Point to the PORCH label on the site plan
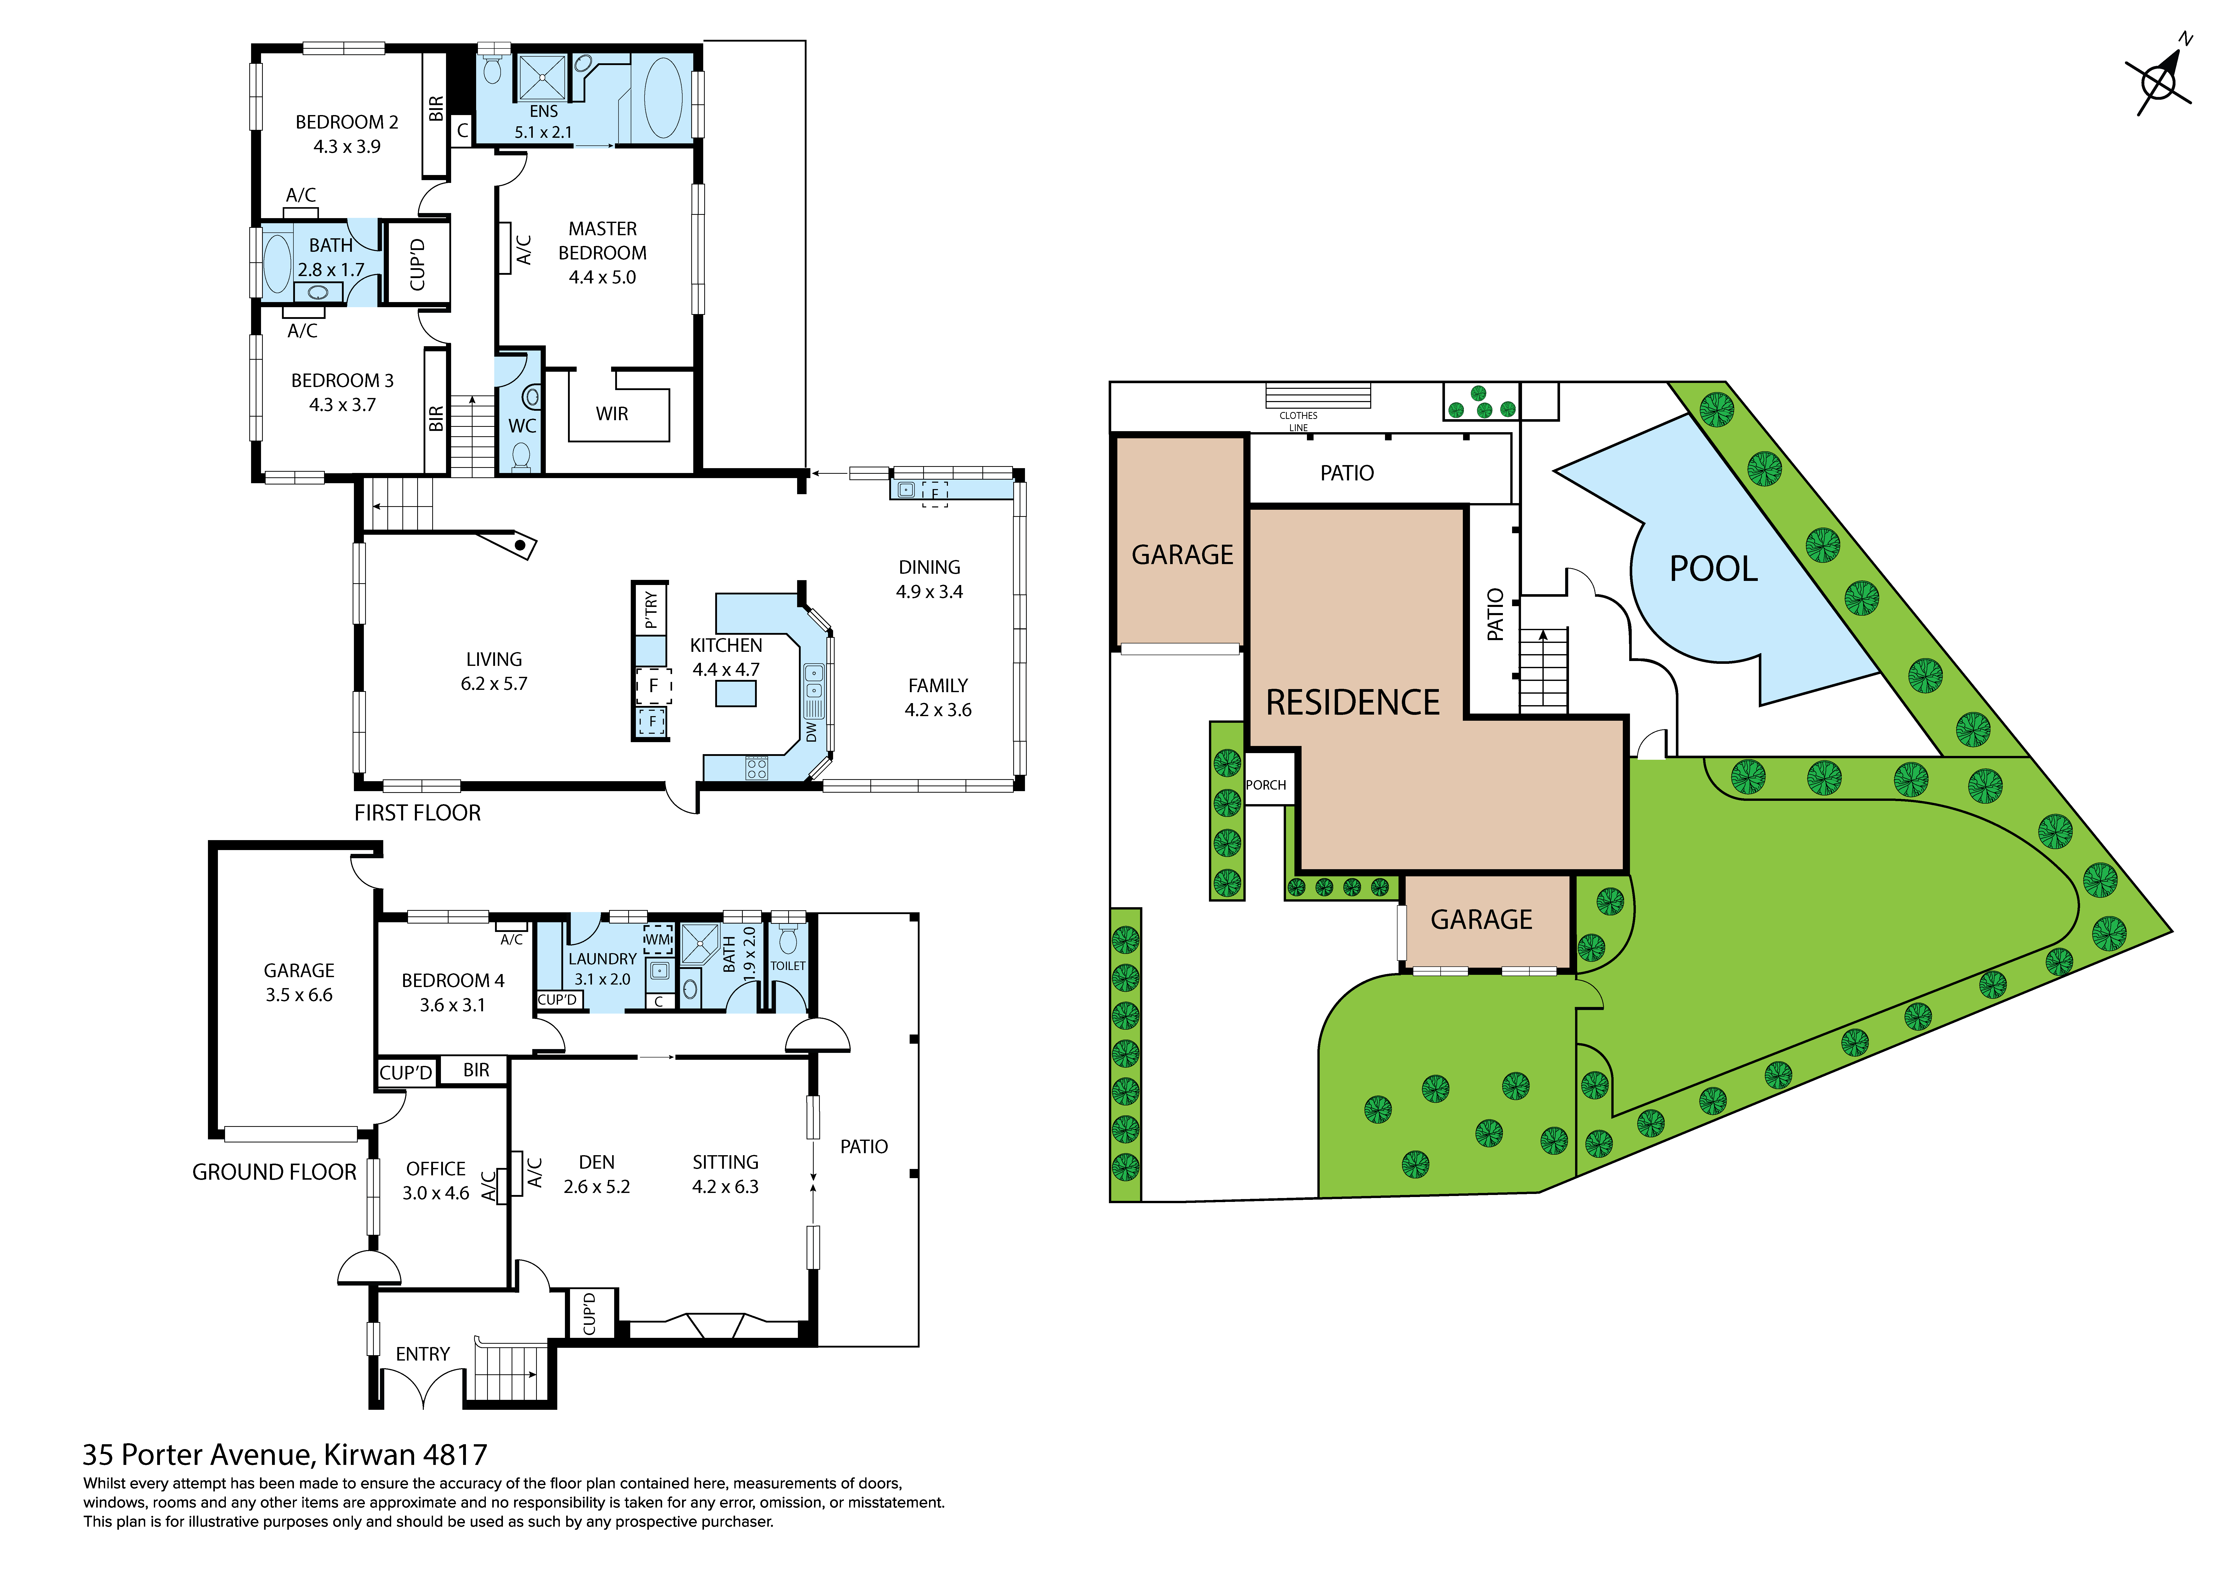tap(1265, 785)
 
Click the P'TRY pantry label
tap(650, 609)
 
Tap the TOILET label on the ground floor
tap(788, 966)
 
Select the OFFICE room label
tap(436, 1169)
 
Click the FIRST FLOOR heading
tap(417, 813)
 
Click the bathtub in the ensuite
tap(663, 97)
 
